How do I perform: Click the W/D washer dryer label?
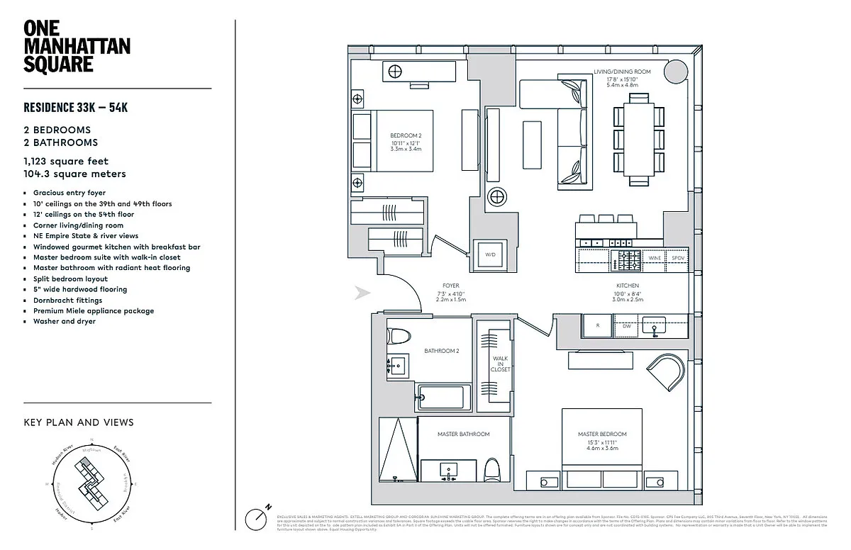[x=490, y=254]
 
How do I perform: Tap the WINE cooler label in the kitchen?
[x=655, y=258]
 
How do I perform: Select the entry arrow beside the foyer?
[x=362, y=293]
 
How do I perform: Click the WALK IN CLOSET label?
[x=501, y=364]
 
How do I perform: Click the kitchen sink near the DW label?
[x=653, y=326]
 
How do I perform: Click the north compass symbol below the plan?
[x=257, y=518]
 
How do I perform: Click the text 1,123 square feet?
[x=66, y=162]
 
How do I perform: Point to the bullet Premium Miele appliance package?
[x=93, y=310]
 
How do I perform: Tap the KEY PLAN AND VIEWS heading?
[x=79, y=422]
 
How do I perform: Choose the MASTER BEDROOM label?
[x=602, y=434]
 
